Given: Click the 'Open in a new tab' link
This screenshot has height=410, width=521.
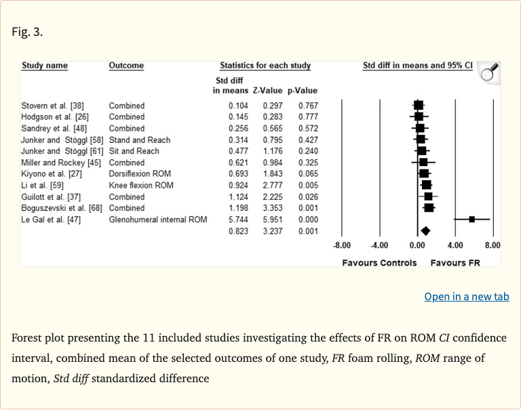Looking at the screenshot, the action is pyautogui.click(x=467, y=296).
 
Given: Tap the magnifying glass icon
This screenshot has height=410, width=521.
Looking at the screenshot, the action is pyautogui.click(x=490, y=72).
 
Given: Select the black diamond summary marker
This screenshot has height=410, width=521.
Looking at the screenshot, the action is pyautogui.click(x=425, y=231).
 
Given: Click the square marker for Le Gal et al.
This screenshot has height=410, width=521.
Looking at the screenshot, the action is pyautogui.click(x=472, y=219).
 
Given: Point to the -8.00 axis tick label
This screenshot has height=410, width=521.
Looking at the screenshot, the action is pyautogui.click(x=342, y=245).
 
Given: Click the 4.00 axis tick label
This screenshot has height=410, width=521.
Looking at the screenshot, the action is pyautogui.click(x=455, y=245).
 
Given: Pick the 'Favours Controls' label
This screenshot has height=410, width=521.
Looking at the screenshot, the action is pyautogui.click(x=379, y=263).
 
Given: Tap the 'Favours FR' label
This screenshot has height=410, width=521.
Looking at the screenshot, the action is pyautogui.click(x=455, y=263).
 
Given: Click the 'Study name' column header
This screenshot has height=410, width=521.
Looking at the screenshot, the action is pyautogui.click(x=45, y=66).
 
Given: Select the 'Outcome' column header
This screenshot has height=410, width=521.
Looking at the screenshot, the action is pyautogui.click(x=126, y=66).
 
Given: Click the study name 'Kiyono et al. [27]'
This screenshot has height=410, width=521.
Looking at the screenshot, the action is pyautogui.click(x=52, y=174).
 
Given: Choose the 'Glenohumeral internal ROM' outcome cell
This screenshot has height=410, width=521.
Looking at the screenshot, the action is pyautogui.click(x=158, y=220).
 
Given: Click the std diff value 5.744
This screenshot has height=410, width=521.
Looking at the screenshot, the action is pyautogui.click(x=238, y=220).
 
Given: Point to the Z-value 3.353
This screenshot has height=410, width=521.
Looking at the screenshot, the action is pyautogui.click(x=273, y=208).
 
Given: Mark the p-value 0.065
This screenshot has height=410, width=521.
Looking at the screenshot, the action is pyautogui.click(x=308, y=174).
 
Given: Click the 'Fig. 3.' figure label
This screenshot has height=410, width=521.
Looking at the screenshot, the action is pyautogui.click(x=27, y=32).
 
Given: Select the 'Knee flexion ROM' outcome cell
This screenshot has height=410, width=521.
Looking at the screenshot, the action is pyautogui.click(x=141, y=185).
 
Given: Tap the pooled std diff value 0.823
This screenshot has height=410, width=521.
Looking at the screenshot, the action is pyautogui.click(x=238, y=231).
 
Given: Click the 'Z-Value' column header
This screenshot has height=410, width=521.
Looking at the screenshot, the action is pyautogui.click(x=267, y=90).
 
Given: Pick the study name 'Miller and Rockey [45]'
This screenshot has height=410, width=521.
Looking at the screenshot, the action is pyautogui.click(x=61, y=163).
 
